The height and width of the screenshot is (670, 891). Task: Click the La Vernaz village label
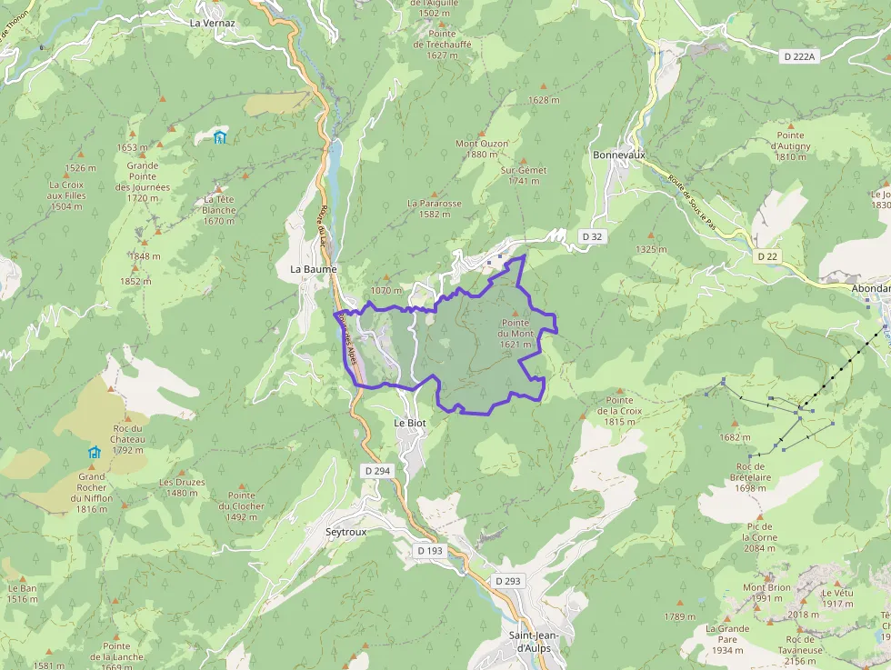(x=212, y=23)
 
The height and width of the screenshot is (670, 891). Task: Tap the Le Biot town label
(x=409, y=423)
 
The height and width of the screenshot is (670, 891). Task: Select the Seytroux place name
(x=345, y=532)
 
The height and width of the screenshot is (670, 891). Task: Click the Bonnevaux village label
(x=618, y=155)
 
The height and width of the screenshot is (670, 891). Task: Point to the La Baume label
(x=313, y=269)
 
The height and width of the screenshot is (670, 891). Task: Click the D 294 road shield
(x=377, y=471)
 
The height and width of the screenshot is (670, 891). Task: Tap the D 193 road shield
(x=430, y=551)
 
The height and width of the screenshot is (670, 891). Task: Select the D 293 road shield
(x=510, y=580)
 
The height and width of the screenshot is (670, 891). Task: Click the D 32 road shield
(x=591, y=236)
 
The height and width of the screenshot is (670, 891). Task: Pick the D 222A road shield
(x=800, y=56)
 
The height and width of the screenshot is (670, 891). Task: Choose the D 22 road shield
(x=766, y=256)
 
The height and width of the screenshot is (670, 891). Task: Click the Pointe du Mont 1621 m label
(x=516, y=333)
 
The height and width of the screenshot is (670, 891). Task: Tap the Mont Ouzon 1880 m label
(x=482, y=148)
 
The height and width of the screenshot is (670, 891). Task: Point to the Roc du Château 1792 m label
(x=128, y=439)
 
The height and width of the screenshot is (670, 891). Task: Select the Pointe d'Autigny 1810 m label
(x=791, y=145)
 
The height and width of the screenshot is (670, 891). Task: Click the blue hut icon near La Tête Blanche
(x=219, y=137)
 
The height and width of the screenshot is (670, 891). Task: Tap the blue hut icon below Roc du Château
(x=94, y=452)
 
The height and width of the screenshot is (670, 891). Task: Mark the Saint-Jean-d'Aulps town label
(x=534, y=642)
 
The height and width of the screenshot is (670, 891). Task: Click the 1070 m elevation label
(x=385, y=291)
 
